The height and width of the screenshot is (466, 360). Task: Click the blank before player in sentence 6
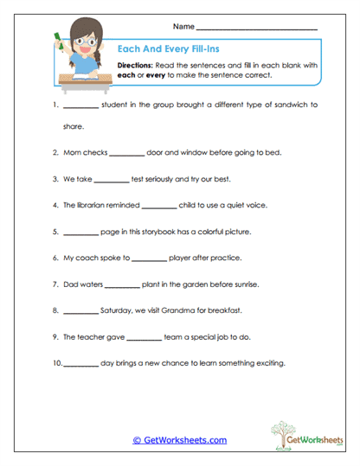coord(150,258)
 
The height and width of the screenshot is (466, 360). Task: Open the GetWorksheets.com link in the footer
coord(180,439)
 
